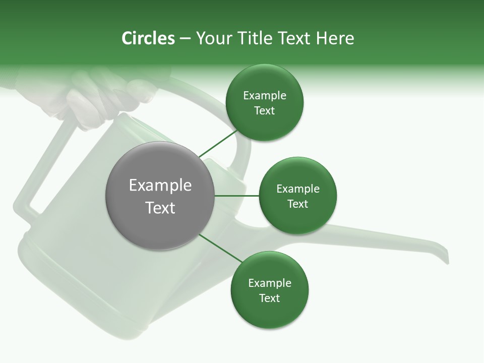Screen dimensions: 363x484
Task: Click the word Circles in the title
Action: point(148,38)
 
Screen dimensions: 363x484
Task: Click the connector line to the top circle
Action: point(218,143)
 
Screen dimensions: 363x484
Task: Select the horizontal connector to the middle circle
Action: point(236,196)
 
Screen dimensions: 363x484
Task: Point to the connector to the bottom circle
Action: point(221,248)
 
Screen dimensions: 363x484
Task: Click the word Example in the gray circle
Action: point(160,186)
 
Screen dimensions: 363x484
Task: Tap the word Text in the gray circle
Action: point(160,208)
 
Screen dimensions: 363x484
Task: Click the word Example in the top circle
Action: point(264,96)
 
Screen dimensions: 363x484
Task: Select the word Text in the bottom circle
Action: point(269,298)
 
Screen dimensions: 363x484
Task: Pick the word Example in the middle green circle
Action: point(297,189)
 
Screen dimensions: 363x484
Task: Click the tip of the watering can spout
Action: point(446,258)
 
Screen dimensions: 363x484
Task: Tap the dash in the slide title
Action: point(185,39)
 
